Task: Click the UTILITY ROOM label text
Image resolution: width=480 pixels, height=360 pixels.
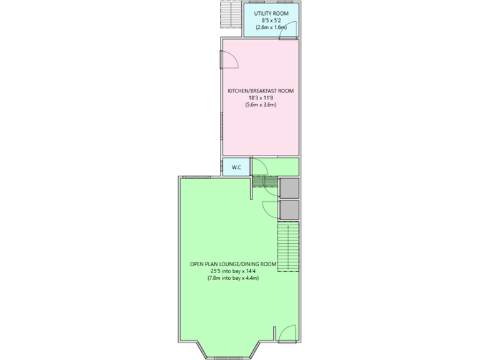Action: click(271, 12)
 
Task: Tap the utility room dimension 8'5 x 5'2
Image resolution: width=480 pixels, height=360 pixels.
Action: click(271, 20)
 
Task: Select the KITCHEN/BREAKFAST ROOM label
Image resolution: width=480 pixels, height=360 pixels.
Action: click(260, 91)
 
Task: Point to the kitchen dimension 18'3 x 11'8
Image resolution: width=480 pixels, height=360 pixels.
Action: click(260, 98)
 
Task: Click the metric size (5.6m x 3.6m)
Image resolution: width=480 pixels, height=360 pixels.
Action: click(260, 106)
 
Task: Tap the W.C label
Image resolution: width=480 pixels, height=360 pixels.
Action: click(237, 167)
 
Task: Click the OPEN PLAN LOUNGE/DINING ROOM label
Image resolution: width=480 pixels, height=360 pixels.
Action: click(233, 264)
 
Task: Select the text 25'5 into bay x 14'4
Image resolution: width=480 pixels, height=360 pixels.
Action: click(233, 271)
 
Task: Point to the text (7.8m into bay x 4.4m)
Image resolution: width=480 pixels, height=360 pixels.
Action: click(233, 278)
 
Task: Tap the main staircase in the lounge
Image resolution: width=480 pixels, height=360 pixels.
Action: click(287, 247)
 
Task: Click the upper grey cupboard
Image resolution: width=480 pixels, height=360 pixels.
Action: click(289, 188)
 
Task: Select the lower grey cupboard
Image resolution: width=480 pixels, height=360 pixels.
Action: click(289, 210)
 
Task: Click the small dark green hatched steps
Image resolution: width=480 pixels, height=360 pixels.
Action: click(265, 181)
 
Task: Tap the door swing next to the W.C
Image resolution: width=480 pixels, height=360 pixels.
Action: click(259, 166)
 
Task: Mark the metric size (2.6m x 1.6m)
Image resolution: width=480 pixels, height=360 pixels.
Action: click(271, 27)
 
